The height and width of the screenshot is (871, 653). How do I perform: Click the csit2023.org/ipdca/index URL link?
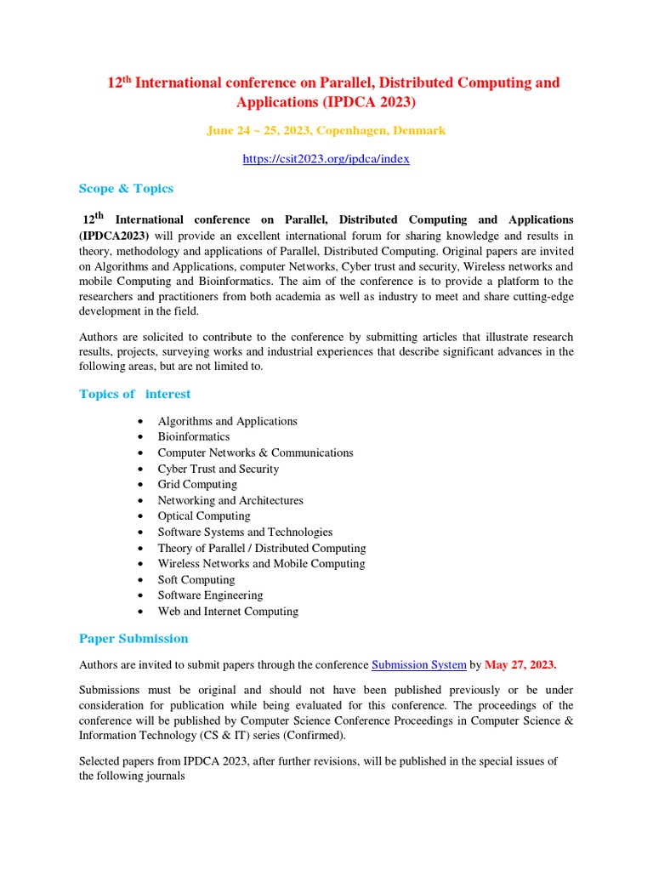click(x=326, y=159)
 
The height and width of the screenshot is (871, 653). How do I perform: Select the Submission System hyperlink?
click(x=418, y=665)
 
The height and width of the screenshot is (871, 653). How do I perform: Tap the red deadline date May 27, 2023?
click(x=520, y=665)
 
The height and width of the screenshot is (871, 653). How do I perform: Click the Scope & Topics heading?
click(x=126, y=189)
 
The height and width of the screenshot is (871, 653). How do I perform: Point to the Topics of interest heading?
click(x=134, y=394)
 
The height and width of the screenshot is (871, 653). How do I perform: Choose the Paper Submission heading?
click(x=133, y=639)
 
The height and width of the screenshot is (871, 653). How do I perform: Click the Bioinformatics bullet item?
click(x=193, y=437)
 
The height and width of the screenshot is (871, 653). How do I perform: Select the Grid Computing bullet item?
click(x=197, y=485)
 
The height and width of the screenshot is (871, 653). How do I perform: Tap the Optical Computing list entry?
click(x=204, y=516)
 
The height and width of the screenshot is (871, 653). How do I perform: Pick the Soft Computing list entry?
click(x=196, y=580)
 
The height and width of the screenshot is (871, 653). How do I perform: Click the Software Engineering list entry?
click(x=210, y=595)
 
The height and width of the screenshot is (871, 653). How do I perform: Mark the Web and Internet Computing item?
click(x=228, y=612)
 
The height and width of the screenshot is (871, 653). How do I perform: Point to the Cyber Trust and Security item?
click(x=218, y=469)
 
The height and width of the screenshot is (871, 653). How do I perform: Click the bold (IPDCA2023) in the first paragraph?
click(x=114, y=236)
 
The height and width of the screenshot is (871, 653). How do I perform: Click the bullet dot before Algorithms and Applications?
click(x=139, y=422)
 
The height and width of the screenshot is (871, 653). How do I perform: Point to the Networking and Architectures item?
click(x=230, y=501)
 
